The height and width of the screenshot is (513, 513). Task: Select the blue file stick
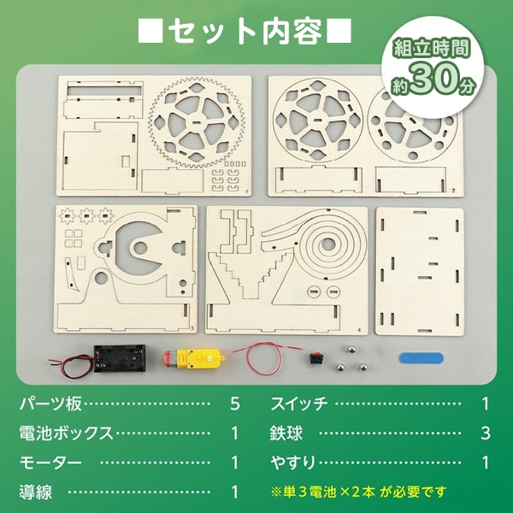click(421, 357)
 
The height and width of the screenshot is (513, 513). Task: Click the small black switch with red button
click(315, 359)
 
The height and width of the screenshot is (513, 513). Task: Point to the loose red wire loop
click(265, 358)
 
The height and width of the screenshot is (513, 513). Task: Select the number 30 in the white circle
click(435, 80)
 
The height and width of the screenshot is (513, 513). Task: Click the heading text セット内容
click(245, 32)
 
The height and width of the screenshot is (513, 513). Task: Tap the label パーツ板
click(50, 404)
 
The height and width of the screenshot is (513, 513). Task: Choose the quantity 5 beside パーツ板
click(235, 404)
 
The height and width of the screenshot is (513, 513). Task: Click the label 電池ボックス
click(66, 433)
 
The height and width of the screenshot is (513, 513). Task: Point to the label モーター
click(50, 463)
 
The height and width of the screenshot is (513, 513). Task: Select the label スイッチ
click(298, 404)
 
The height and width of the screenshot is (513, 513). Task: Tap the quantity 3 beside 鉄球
click(486, 433)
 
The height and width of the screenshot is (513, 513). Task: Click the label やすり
click(293, 463)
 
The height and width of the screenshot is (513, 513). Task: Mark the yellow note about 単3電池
click(358, 492)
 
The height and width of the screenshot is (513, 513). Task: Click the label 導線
click(35, 492)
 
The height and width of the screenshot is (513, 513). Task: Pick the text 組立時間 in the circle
click(432, 49)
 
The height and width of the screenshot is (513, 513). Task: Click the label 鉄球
click(286, 433)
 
